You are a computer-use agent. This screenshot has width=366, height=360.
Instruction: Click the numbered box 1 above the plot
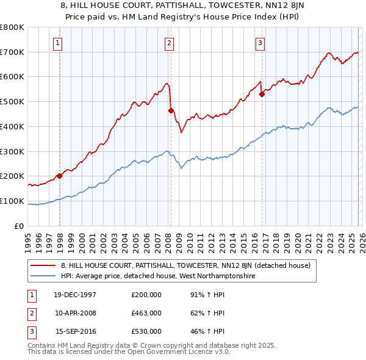point(57,43)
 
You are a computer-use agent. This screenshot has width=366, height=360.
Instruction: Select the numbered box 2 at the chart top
point(168,43)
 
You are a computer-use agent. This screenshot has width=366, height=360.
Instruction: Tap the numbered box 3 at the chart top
point(260,43)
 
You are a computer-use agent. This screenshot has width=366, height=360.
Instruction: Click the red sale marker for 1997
point(60,176)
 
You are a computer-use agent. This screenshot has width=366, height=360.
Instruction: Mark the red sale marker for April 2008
point(171,110)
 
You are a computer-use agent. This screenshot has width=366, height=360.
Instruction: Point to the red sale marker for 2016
point(262,94)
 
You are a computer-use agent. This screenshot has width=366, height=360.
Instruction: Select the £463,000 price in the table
point(146,313)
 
